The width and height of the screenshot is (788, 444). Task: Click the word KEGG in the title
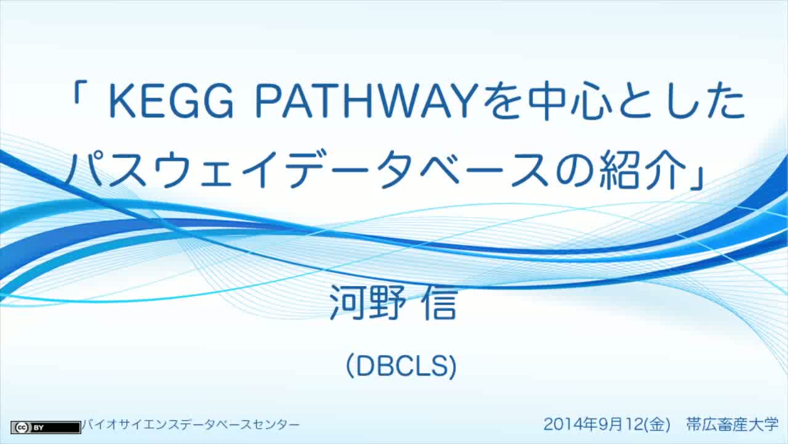[171, 101]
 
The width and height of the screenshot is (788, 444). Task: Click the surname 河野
[367, 302]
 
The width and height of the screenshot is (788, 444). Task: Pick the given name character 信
[440, 302]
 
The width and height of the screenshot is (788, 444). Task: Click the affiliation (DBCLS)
[401, 366]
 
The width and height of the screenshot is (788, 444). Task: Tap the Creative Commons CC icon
[22, 427]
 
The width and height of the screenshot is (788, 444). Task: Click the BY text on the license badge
[38, 428]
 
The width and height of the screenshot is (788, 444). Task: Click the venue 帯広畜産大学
[733, 424]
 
